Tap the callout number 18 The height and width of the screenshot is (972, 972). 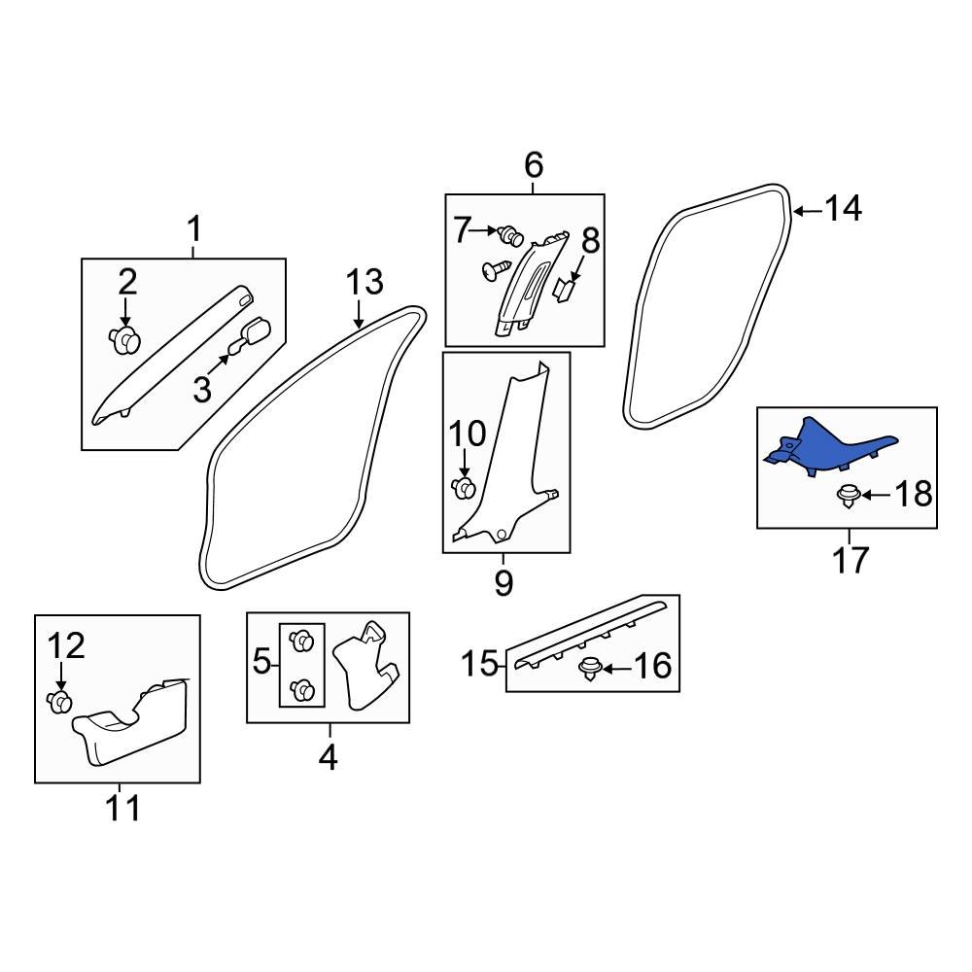[x=912, y=495]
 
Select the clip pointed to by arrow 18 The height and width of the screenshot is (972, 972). [x=848, y=497]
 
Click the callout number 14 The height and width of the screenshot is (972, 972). [x=843, y=208]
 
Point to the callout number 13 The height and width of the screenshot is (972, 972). [x=365, y=283]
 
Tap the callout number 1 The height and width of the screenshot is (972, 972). [x=193, y=230]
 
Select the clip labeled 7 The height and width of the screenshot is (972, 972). [x=509, y=234]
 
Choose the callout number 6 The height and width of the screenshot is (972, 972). [x=534, y=165]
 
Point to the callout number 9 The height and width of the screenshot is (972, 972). [x=503, y=583]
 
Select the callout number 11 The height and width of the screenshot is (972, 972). [x=123, y=808]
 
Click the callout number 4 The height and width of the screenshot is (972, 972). [x=329, y=756]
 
